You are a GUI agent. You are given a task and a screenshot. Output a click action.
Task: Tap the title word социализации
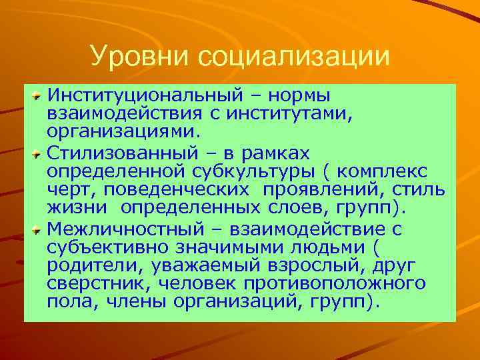pyautogui.click(x=293, y=56)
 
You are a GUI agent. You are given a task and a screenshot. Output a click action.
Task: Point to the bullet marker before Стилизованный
pyautogui.click(x=38, y=153)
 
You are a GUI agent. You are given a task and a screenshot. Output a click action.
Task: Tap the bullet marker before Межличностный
pyautogui.click(x=38, y=230)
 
